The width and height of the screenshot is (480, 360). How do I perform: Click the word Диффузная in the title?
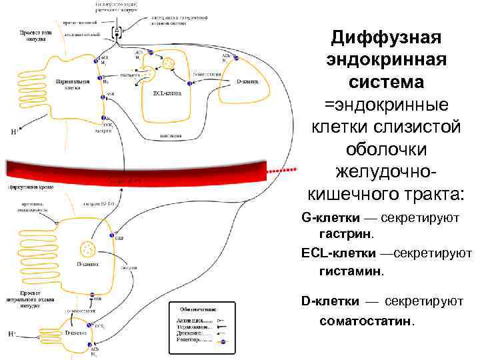tap(387, 37)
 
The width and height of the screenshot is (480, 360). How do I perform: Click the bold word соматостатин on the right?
tap(366, 321)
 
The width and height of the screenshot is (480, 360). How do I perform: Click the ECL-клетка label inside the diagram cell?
tap(160, 93)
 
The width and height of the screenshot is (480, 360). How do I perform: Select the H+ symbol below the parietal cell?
tap(14, 131)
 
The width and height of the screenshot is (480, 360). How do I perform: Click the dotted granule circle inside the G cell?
tap(87, 249)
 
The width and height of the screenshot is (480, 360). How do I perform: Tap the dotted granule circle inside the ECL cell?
tap(169, 65)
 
